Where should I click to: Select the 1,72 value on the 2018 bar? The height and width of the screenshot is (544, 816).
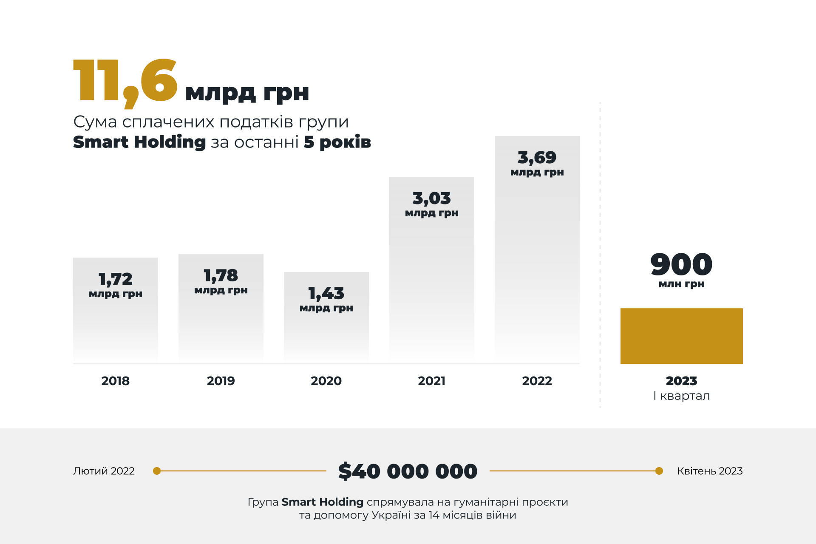pos(116,279)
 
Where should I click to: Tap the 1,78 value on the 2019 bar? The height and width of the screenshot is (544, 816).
pos(221,275)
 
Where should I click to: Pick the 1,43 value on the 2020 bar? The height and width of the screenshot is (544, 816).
pos(326,293)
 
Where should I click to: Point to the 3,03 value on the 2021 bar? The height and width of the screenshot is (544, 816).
pos(432,198)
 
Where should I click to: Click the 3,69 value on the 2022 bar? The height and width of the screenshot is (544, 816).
pos(537,158)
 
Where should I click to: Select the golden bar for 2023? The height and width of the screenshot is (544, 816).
pos(681,336)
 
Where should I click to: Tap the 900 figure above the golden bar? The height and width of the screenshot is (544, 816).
pos(681,264)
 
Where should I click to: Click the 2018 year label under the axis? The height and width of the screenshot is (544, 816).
pos(116,381)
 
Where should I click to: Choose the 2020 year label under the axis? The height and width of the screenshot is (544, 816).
pos(326,381)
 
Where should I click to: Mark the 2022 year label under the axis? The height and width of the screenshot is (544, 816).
pos(537,381)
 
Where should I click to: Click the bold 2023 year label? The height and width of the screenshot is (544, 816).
pos(681,381)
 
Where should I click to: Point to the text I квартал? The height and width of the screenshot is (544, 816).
pos(681,396)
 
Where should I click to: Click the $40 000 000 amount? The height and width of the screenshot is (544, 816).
pos(408,471)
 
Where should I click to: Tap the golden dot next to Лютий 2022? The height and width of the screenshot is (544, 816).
pos(157,471)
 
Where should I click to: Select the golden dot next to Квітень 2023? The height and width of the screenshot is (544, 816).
pos(659,471)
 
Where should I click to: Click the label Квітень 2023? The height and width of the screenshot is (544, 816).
pos(710,471)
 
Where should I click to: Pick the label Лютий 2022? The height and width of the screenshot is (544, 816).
pos(104,471)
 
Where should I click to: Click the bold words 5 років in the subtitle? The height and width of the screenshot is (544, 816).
pos(337,142)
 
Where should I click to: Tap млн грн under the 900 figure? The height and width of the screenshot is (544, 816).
pos(681,284)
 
